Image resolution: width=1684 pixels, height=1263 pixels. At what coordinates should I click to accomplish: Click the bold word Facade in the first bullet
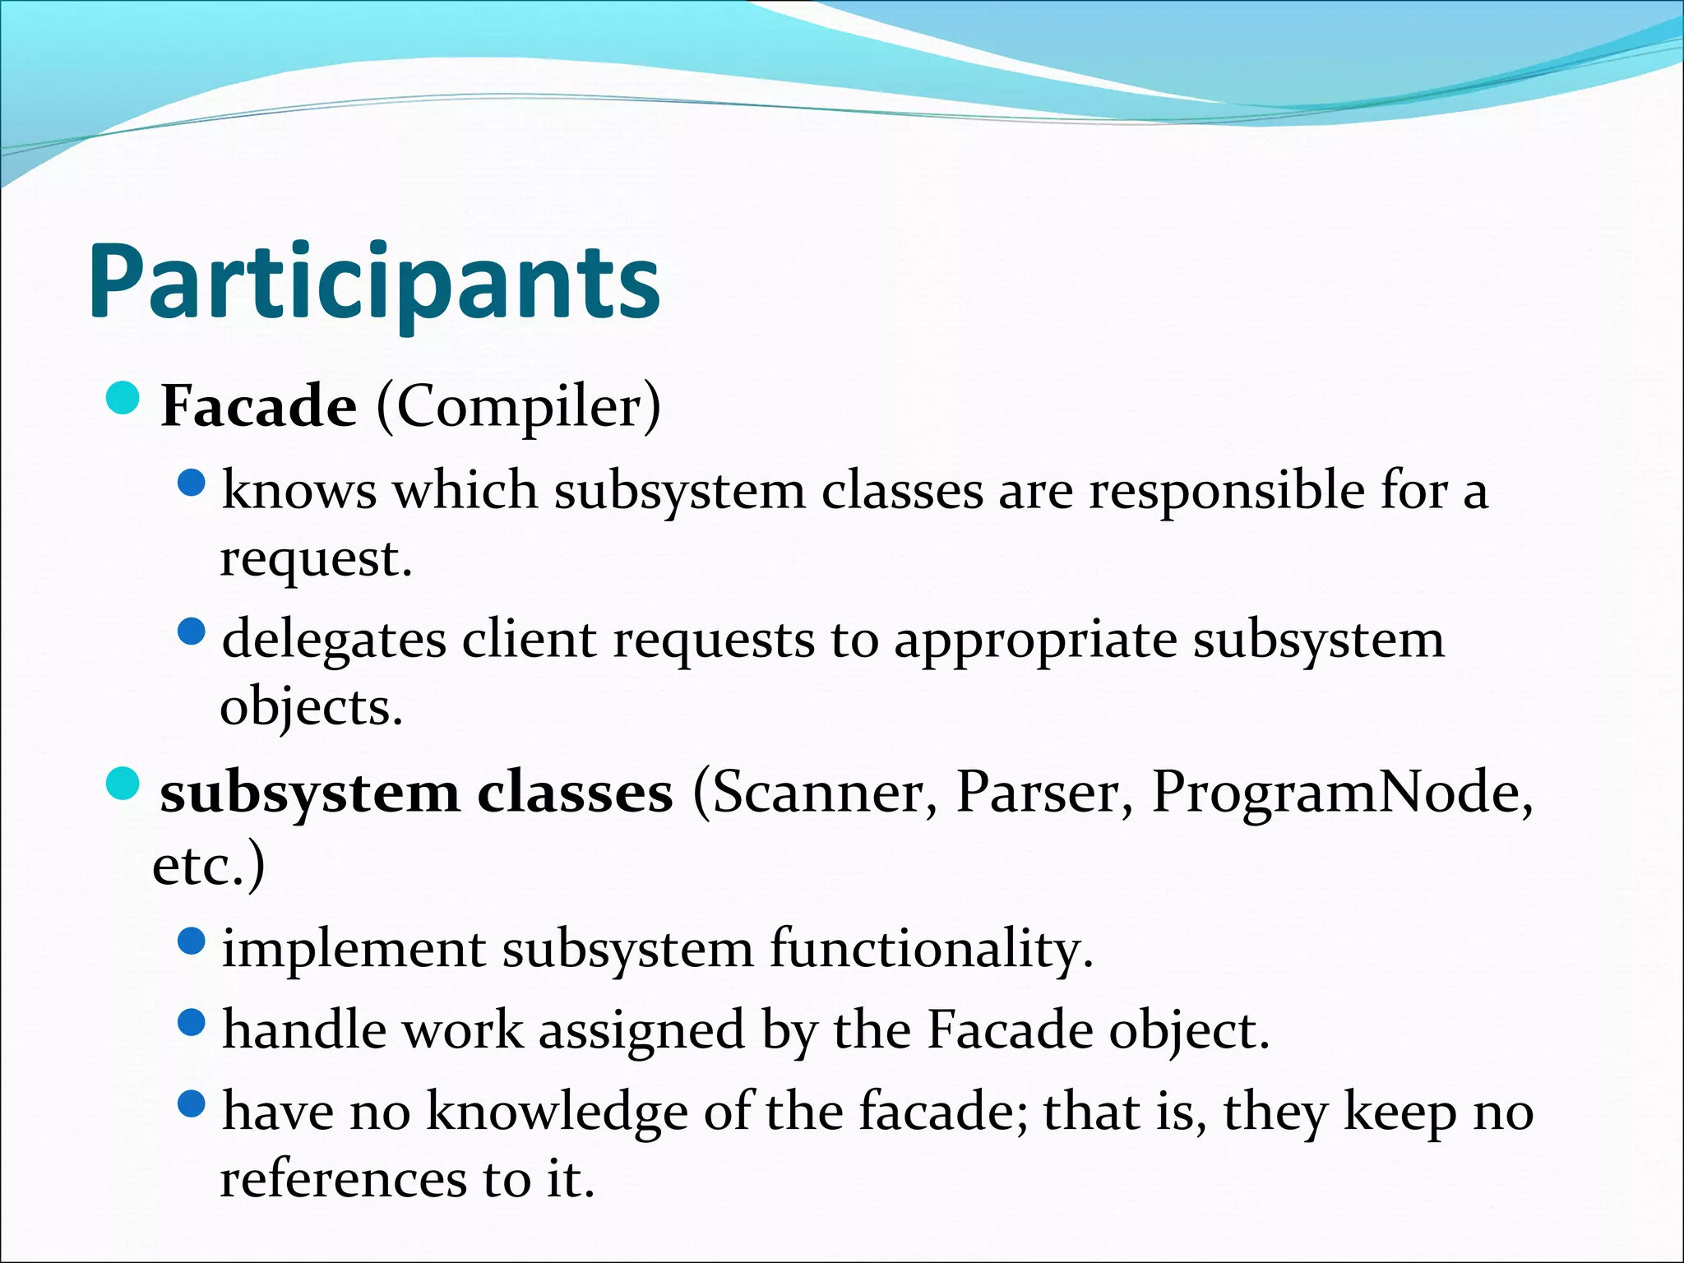click(x=258, y=406)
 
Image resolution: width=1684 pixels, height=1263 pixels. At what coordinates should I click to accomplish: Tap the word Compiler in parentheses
click(x=518, y=406)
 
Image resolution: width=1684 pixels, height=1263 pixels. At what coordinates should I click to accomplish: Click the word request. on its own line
click(x=316, y=559)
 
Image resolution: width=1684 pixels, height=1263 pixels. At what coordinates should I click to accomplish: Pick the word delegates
click(x=334, y=640)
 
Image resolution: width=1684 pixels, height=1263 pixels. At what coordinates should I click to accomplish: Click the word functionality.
click(x=931, y=949)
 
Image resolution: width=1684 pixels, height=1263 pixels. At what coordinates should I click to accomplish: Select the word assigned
click(x=641, y=1030)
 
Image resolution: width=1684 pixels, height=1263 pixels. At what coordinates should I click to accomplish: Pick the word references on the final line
click(x=342, y=1178)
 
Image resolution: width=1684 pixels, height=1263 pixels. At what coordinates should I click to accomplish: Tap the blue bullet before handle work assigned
click(x=191, y=1023)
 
